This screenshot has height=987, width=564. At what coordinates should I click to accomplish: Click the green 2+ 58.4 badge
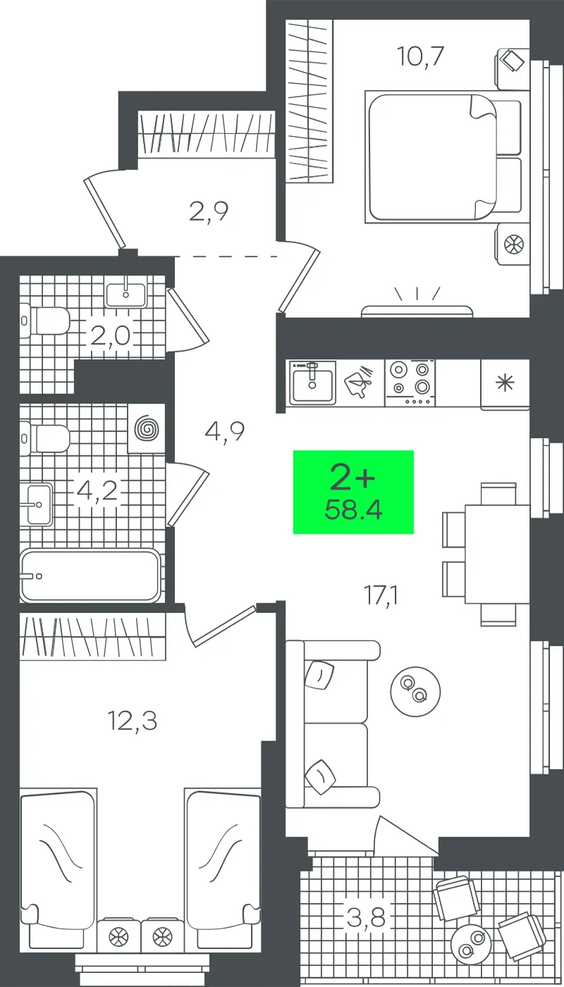[x=353, y=492]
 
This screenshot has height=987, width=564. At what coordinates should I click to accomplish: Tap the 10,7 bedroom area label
[x=420, y=56]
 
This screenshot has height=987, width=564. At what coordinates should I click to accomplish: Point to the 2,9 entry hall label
[x=209, y=211]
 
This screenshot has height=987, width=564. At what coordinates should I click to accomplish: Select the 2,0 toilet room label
[x=110, y=336]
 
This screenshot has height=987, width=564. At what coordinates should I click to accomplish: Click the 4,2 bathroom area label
[x=97, y=491]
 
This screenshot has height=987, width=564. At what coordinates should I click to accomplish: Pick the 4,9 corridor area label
[x=225, y=431]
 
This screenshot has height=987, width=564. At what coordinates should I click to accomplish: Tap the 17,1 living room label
[x=381, y=596]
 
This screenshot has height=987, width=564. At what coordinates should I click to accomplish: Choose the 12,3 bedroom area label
[x=133, y=721]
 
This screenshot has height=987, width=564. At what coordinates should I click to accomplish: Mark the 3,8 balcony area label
[x=366, y=918]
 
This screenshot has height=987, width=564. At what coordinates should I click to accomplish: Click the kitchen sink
[x=312, y=382]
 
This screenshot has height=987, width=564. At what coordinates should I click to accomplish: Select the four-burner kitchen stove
[x=410, y=383]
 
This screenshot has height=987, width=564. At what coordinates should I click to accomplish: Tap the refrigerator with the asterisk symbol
[x=505, y=385]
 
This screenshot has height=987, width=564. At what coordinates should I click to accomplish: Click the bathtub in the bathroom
[x=90, y=575]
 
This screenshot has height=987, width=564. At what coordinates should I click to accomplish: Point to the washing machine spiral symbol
[x=147, y=429]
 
